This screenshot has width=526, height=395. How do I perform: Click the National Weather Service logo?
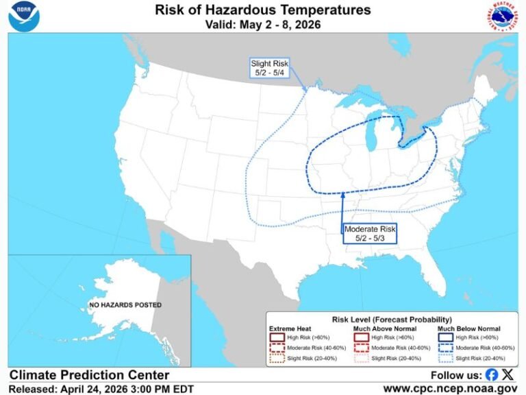pos(501,16)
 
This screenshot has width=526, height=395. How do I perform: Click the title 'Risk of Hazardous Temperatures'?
pos(263,10)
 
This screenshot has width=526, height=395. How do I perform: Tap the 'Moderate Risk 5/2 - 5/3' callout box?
pos(371,233)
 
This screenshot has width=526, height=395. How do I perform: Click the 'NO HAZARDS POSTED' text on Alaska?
pos(125,304)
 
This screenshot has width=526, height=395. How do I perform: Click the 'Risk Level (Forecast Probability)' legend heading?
pos(391,320)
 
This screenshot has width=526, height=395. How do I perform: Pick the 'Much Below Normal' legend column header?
pos(468,328)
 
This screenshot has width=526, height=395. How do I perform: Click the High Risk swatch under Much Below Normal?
pos(446,337)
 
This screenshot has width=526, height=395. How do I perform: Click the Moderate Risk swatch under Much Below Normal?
pos(446,348)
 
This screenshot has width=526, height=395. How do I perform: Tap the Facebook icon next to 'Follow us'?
pos(492,375)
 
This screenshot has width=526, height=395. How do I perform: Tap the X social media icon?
pos(508,375)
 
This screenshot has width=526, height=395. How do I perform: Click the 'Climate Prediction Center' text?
pos(89,375)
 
